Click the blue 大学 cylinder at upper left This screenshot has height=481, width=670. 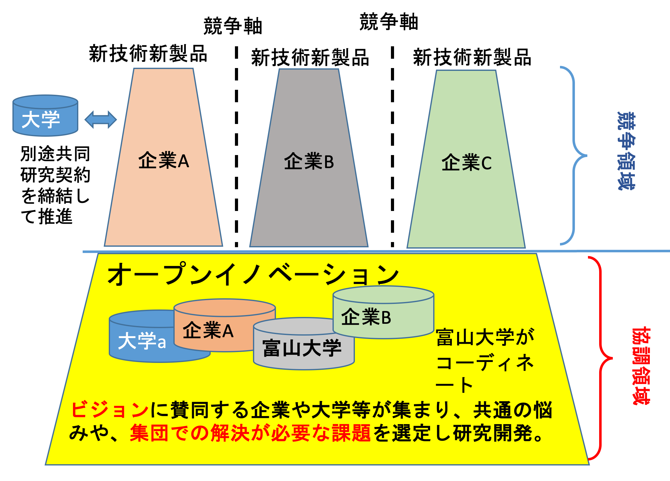click(45, 117)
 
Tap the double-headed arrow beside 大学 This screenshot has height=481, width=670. click(101, 120)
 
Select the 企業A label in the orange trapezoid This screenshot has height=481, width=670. click(163, 161)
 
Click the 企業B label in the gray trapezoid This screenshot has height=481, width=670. click(309, 162)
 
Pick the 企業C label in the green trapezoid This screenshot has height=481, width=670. click(466, 163)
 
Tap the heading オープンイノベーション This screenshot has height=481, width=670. click(253, 274)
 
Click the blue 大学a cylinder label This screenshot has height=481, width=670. click(142, 341)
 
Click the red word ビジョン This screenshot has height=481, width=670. click(110, 410)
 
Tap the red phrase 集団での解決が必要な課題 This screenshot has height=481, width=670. click(250, 433)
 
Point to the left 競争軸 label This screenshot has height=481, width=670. click(233, 26)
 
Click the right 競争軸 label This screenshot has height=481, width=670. click(389, 22)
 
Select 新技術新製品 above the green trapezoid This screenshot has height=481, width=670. click(472, 57)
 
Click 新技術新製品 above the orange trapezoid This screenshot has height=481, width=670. click(148, 54)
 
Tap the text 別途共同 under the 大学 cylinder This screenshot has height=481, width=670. click(55, 154)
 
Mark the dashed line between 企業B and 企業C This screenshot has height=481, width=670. click(392, 146)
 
